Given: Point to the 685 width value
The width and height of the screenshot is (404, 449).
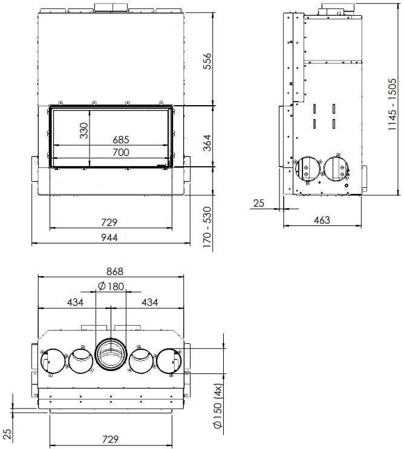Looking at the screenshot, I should point(121,140).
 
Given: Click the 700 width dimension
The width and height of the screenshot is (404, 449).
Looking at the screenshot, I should point(121,152).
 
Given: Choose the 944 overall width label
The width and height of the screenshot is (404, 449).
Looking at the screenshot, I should point(109,237).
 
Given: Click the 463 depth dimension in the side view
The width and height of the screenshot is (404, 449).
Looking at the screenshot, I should point(322,220).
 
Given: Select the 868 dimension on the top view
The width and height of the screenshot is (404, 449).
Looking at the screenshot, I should point(111,271).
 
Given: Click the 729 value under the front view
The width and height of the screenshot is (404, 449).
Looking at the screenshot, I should point(109,222).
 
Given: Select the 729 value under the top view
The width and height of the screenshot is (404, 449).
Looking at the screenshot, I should point(109,439).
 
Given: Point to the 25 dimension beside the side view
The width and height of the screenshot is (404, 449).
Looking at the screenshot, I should point(259,204).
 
